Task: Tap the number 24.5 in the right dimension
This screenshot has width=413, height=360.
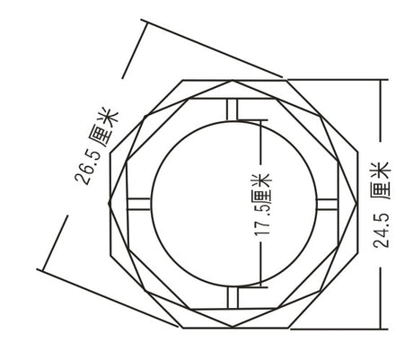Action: [x=382, y=230]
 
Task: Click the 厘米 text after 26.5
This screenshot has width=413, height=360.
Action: [x=104, y=127]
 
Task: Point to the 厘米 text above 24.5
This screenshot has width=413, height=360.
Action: [x=381, y=180]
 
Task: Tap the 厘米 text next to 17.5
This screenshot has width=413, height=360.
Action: [x=262, y=188]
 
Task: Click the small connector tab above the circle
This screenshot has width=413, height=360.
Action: [x=233, y=110]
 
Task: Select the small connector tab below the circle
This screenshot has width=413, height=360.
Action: [x=233, y=297]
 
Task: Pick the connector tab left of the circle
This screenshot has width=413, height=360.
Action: [x=138, y=204]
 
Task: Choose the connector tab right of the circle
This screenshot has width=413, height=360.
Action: [x=327, y=204]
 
